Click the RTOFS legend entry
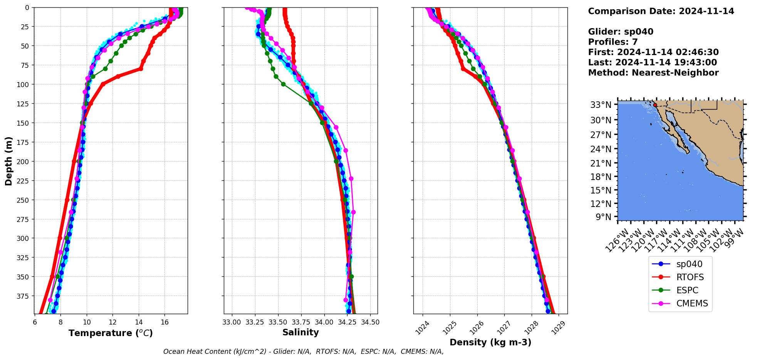[x=690, y=277]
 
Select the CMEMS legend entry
[x=692, y=303]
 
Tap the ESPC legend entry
[x=687, y=290]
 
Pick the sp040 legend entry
[x=689, y=264]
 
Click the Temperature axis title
[x=111, y=333]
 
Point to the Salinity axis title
[x=300, y=332]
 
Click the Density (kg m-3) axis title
[x=490, y=342]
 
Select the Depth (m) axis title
[x=8, y=161]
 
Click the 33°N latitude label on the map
[x=601, y=105]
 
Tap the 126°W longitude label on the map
[x=617, y=241]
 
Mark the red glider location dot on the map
[x=655, y=105]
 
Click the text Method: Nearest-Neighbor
[x=653, y=73]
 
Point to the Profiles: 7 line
[x=613, y=42]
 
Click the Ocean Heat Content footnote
[x=303, y=352]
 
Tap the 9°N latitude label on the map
[x=604, y=217]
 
